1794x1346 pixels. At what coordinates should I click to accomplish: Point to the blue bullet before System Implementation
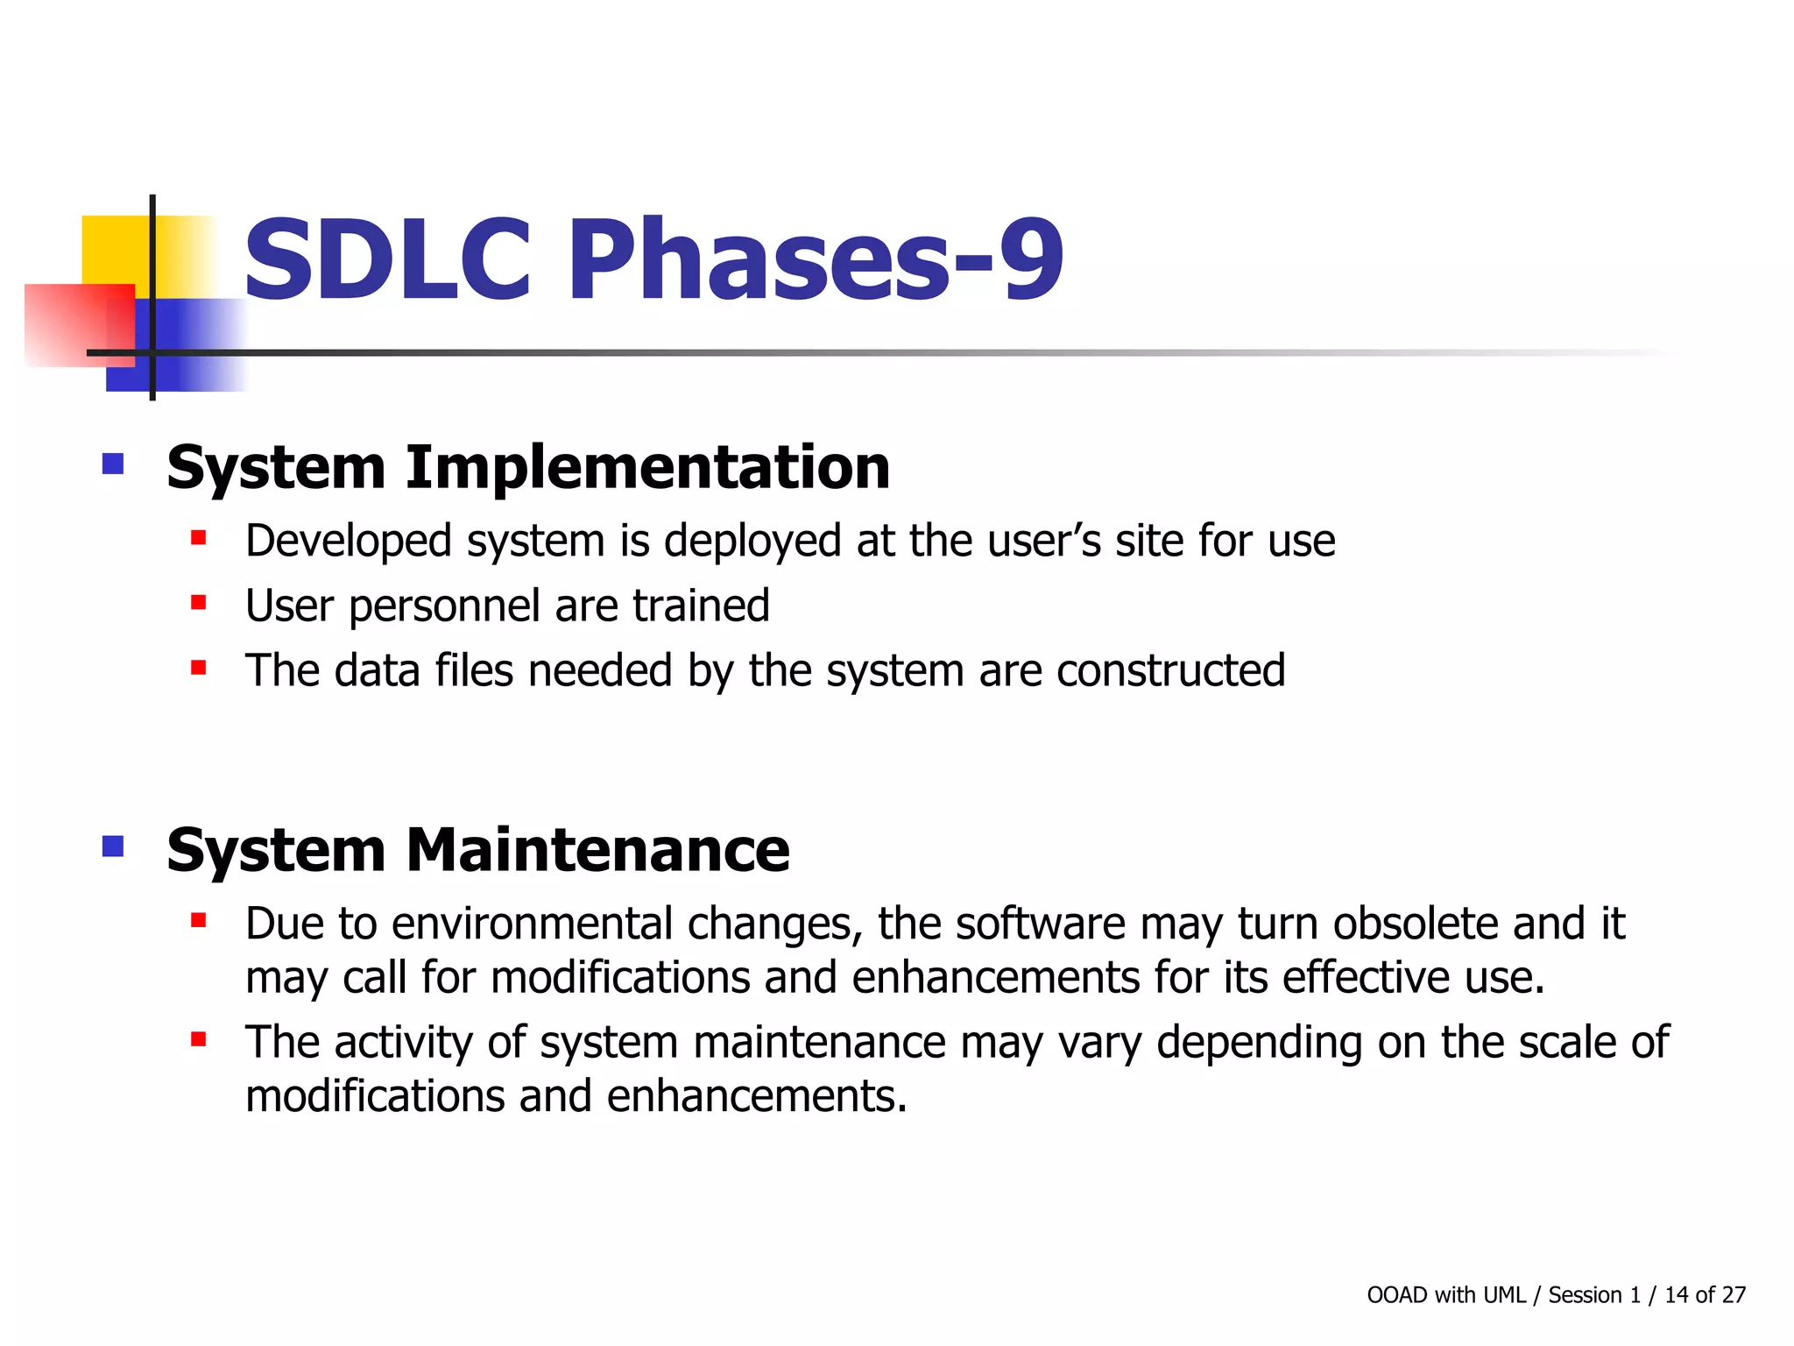[x=113, y=463]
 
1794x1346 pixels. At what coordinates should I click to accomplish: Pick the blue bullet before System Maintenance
[x=113, y=846]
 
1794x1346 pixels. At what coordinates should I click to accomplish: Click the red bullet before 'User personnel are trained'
[x=199, y=603]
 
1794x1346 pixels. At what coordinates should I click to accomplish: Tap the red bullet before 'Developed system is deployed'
[x=199, y=537]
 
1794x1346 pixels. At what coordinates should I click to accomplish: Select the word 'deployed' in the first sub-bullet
[x=752, y=541]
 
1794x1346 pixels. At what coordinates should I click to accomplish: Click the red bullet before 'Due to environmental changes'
[x=199, y=920]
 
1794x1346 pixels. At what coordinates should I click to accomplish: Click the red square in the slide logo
[x=74, y=324]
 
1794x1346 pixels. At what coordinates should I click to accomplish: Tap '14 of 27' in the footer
[x=1705, y=1295]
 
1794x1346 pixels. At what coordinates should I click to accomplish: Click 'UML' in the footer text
[x=1505, y=1295]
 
